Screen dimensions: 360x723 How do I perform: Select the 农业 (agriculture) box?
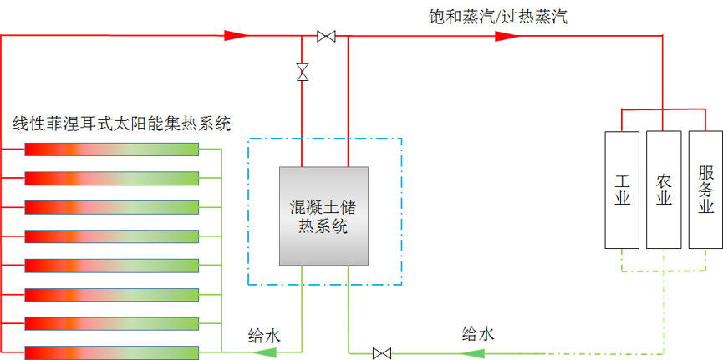pos(664,190)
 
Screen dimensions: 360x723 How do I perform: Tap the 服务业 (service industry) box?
pos(705,190)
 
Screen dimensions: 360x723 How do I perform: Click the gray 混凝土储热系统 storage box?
pos(323,215)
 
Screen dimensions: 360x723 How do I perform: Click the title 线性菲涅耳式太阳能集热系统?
pos(121,124)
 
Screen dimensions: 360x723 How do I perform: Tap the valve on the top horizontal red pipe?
pos(326,36)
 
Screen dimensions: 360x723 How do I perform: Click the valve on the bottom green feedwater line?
pos(382,352)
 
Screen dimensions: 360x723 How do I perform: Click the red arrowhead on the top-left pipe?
pos(237,36)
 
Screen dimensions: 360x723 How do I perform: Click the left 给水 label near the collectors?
pos(264,336)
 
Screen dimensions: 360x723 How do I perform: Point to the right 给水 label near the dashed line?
pos(478,334)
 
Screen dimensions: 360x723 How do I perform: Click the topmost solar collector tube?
pos(111,149)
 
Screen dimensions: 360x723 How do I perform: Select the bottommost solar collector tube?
pos(111,352)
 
